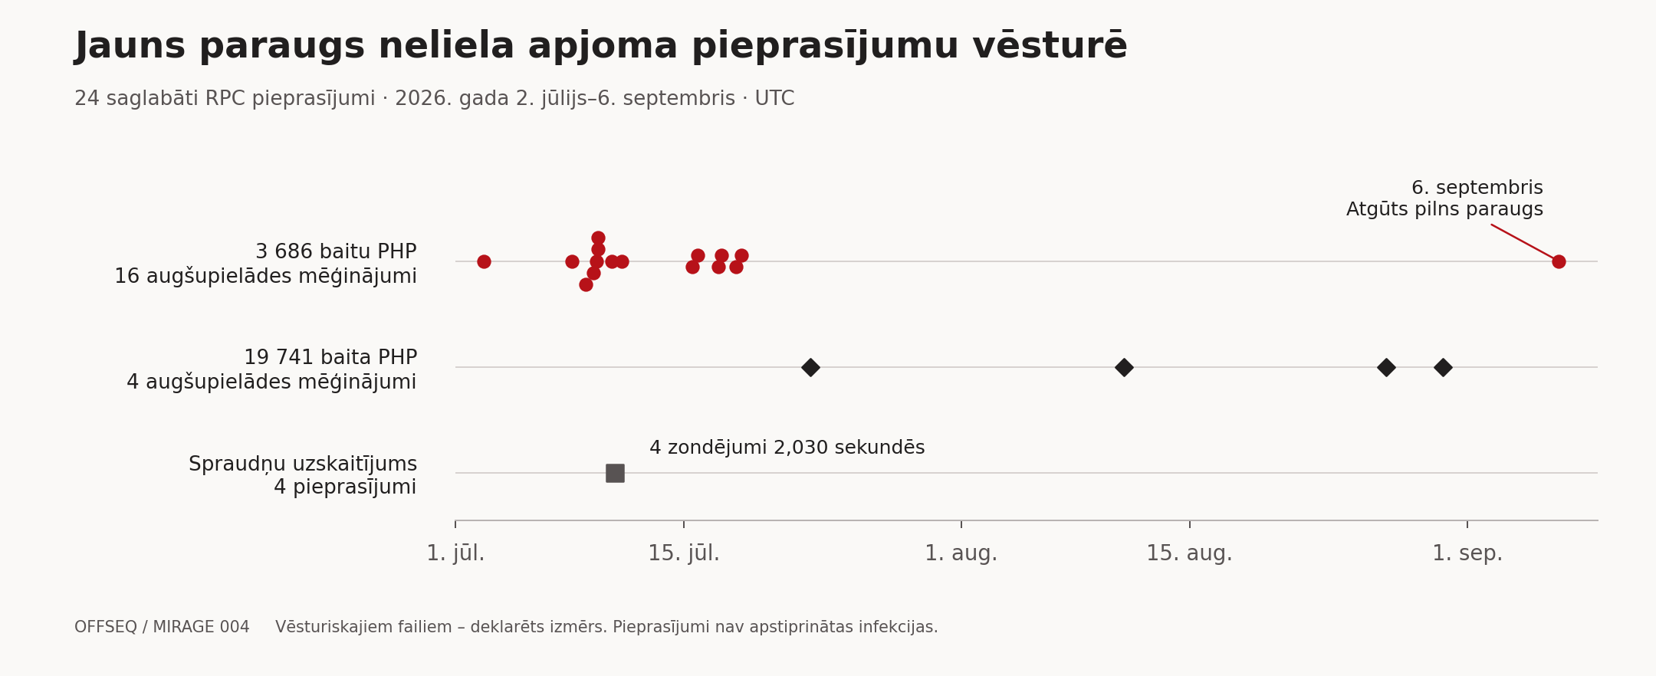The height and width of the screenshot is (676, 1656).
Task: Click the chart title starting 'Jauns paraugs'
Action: click(x=601, y=47)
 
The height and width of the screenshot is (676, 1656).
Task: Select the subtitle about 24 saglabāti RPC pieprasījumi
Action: click(x=434, y=99)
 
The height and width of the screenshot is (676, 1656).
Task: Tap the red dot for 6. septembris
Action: click(x=1559, y=261)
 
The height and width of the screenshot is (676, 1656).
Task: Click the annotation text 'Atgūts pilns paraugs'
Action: click(x=1444, y=209)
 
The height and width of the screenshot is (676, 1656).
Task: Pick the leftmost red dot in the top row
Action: click(x=484, y=261)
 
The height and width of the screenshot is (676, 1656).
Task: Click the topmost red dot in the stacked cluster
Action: click(x=598, y=238)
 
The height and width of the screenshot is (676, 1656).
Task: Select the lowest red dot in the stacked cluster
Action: click(x=586, y=284)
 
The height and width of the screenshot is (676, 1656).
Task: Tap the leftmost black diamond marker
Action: click(x=810, y=367)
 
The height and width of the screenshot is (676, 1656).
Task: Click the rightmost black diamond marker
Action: click(x=1443, y=367)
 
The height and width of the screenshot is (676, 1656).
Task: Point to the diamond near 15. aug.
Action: click(x=1124, y=367)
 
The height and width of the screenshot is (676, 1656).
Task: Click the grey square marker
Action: click(x=615, y=473)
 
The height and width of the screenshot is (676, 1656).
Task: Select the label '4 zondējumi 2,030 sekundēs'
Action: click(x=787, y=448)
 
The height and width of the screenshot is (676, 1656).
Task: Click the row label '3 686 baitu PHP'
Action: click(x=336, y=252)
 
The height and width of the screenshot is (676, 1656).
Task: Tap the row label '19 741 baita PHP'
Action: click(x=330, y=358)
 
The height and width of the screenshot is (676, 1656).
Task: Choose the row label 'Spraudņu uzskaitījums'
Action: click(x=303, y=464)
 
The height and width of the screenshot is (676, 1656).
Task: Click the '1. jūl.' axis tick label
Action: click(x=455, y=553)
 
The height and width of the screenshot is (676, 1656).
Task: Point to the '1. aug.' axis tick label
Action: click(x=961, y=553)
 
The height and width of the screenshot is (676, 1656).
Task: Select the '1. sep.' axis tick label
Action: click(x=1467, y=553)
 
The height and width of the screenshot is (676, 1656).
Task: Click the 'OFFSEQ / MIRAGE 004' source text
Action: click(x=162, y=627)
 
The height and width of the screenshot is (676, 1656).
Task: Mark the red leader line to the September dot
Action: click(x=1523, y=241)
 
